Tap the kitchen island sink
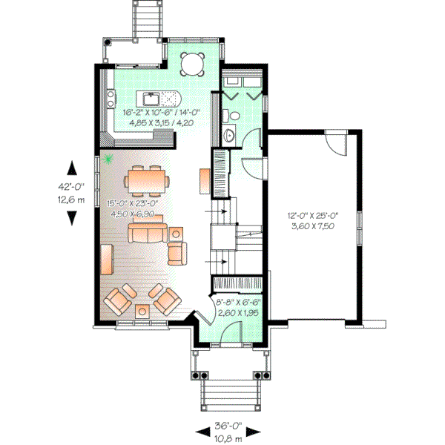(x=151, y=98)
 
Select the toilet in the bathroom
(x=231, y=116)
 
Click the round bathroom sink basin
(x=229, y=135)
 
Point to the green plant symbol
(x=110, y=158)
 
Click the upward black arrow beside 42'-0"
(x=72, y=168)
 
